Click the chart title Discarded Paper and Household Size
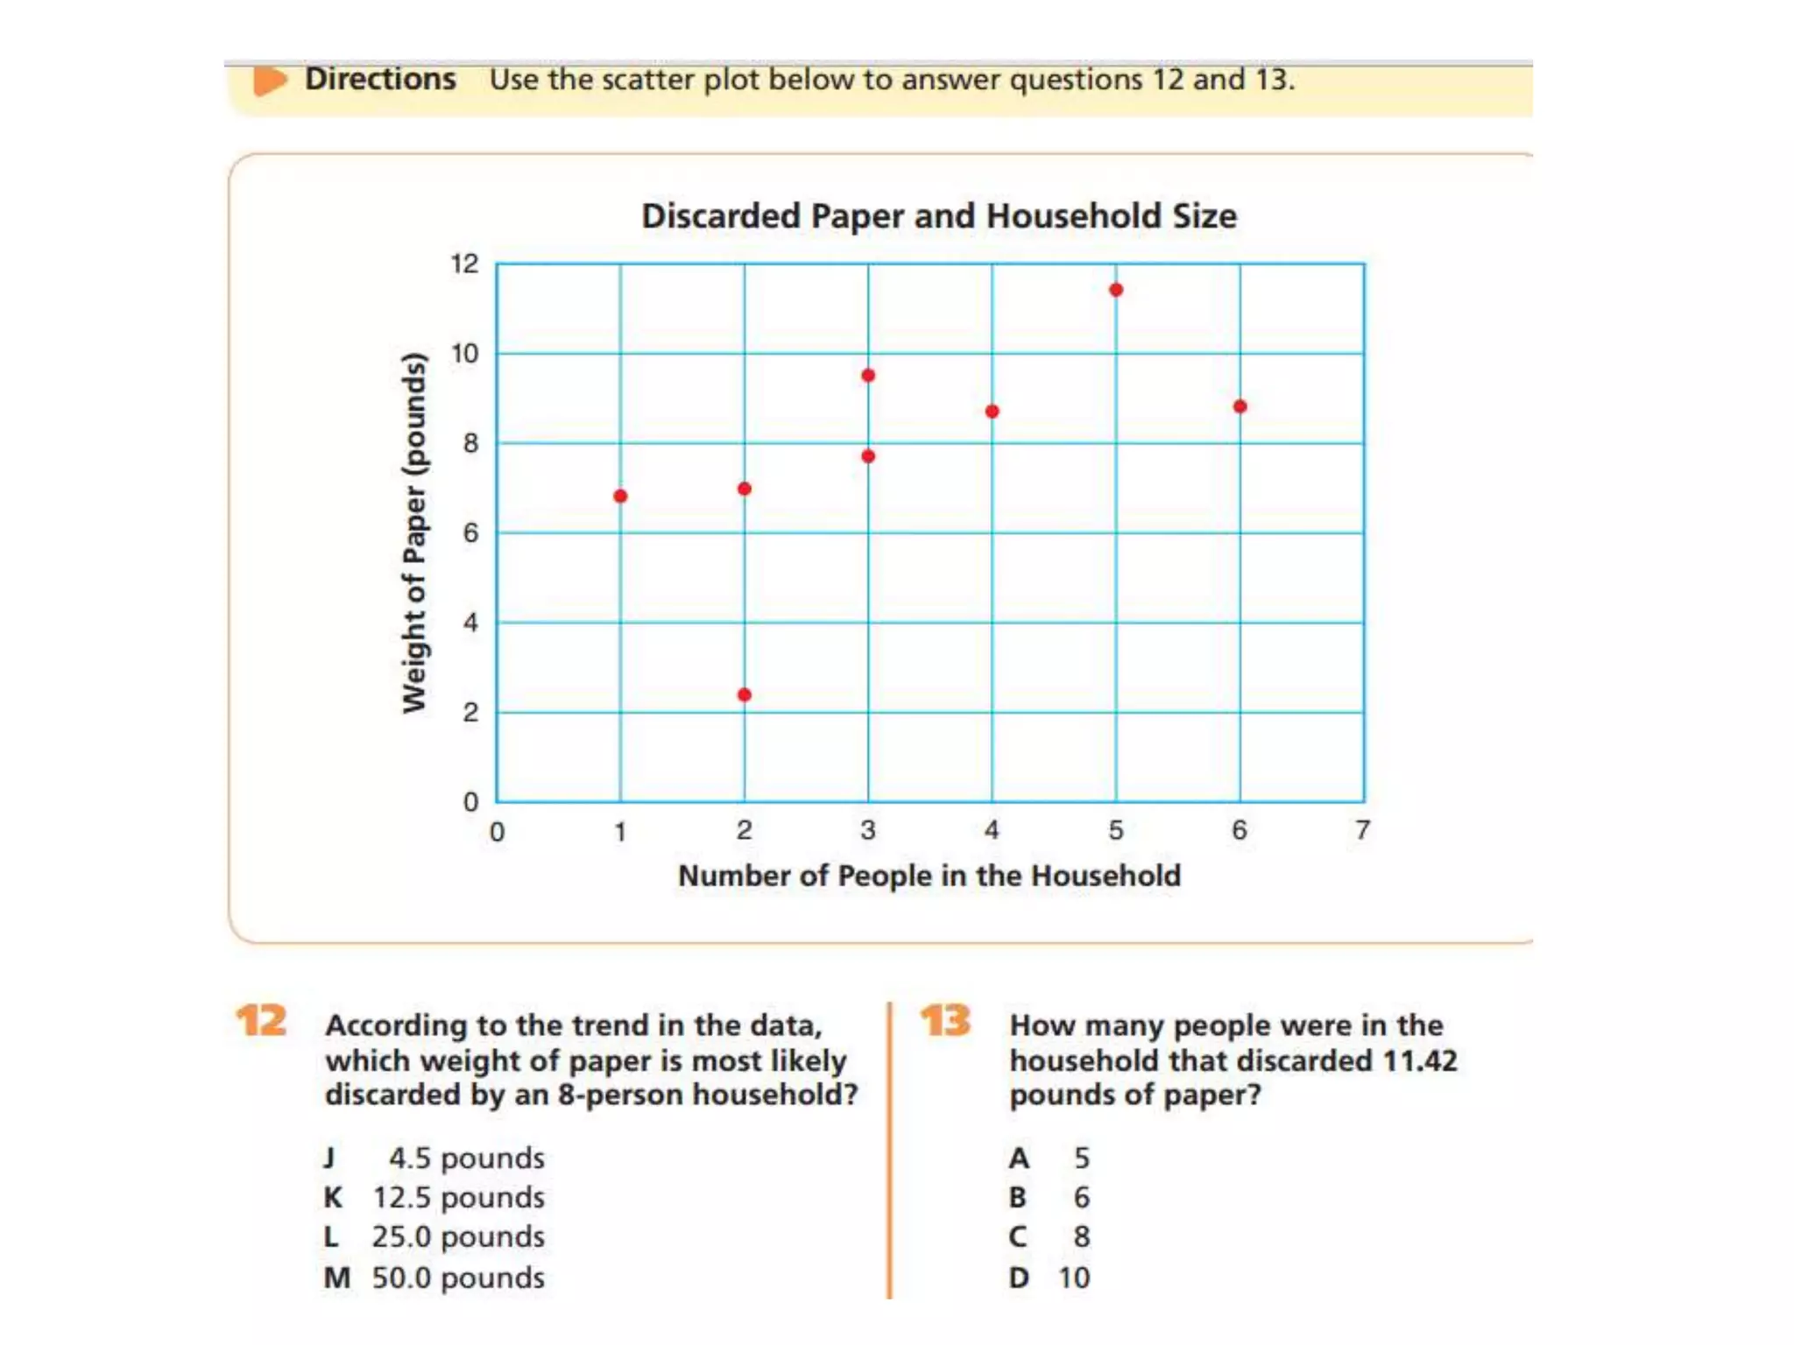(x=938, y=216)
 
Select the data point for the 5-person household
(x=1116, y=290)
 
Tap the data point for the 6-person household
(x=1240, y=406)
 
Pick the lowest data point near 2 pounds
(x=745, y=695)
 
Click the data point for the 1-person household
(x=620, y=496)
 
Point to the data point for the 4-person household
(x=992, y=412)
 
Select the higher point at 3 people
(x=868, y=376)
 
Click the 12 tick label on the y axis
(x=464, y=264)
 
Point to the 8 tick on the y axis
(x=471, y=444)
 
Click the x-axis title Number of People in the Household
(x=929, y=876)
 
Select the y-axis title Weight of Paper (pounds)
(x=414, y=532)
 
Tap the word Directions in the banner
(x=380, y=80)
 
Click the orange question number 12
(x=261, y=1021)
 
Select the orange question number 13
(x=945, y=1021)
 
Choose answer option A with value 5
(x=1049, y=1158)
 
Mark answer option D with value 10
(x=1049, y=1278)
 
